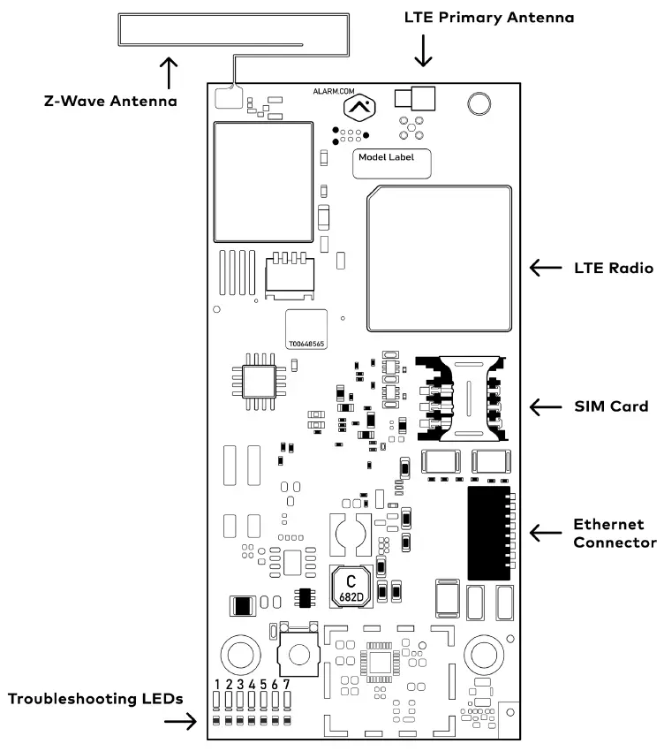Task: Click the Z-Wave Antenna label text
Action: coord(110,101)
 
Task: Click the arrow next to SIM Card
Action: coord(544,406)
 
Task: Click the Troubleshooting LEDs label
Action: coord(95,699)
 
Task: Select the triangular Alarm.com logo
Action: coord(358,110)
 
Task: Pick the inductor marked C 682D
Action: coord(351,587)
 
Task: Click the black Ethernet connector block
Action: coord(488,532)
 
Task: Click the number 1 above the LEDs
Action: coord(217,685)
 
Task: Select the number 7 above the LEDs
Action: coord(287,685)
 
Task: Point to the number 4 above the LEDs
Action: coord(252,685)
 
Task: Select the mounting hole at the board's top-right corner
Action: coord(478,103)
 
